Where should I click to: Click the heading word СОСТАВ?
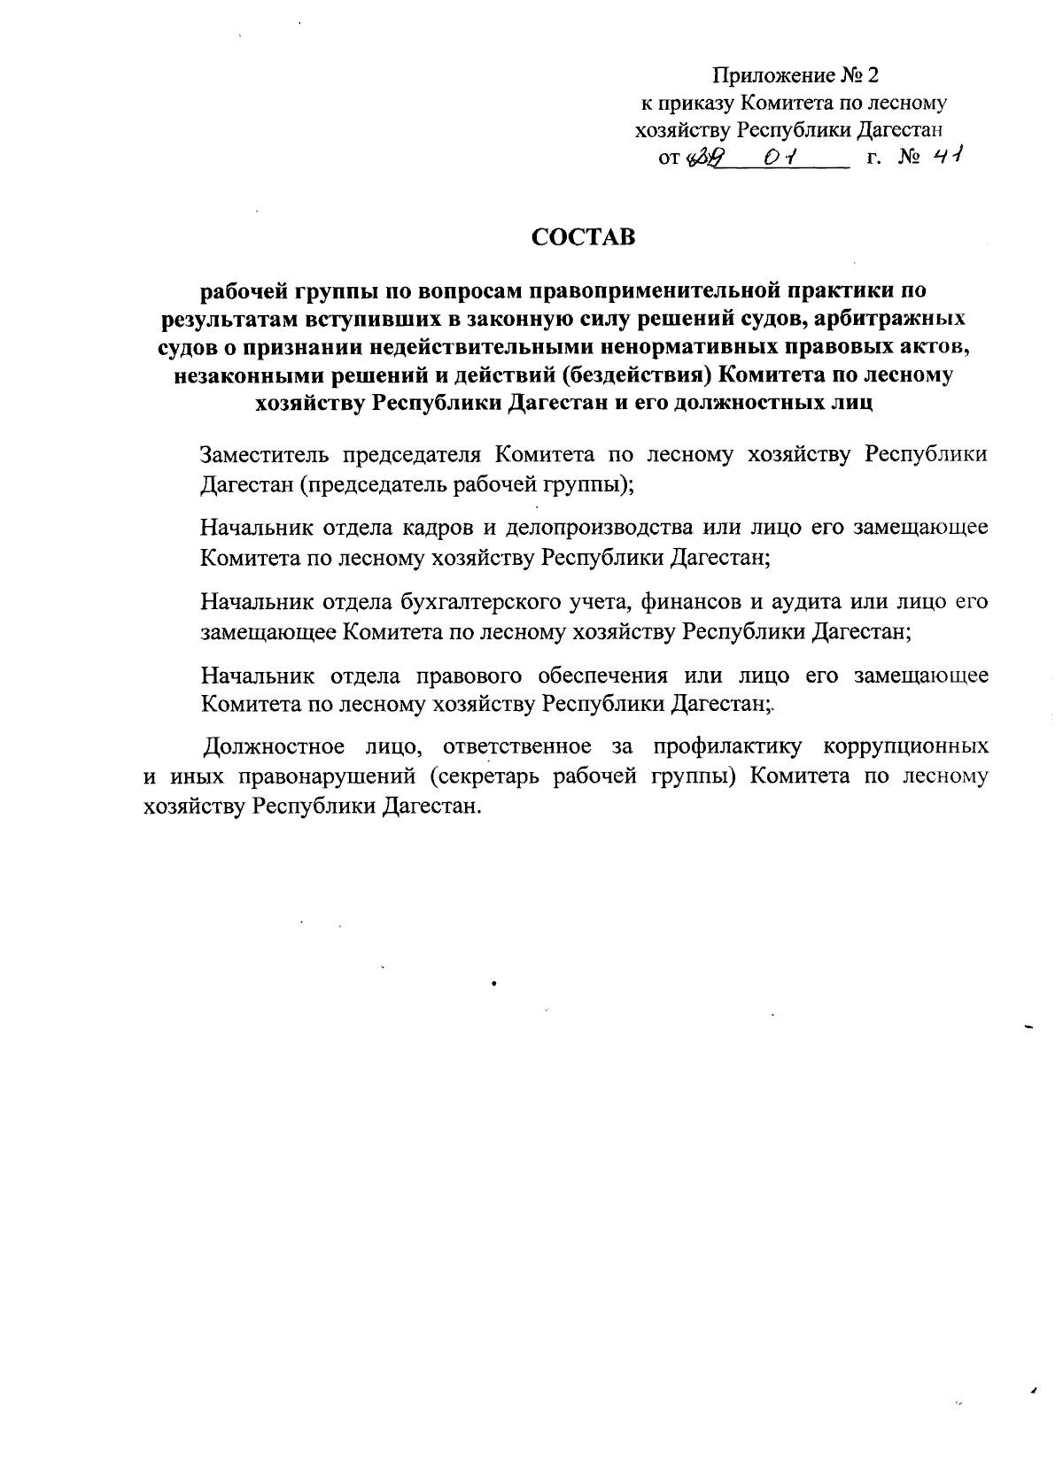583,237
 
